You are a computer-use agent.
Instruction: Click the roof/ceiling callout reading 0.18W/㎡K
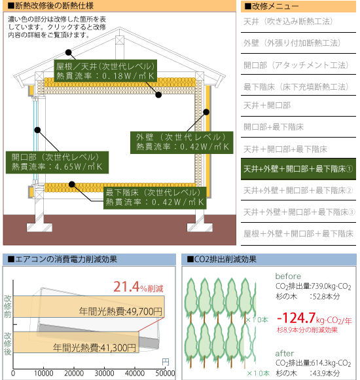point(105,71)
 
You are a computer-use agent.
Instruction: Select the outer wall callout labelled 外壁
point(181,143)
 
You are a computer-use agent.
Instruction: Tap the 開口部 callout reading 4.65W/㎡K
point(57,162)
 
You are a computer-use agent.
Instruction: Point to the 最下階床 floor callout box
point(155,198)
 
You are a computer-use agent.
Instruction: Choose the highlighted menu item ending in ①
point(298,169)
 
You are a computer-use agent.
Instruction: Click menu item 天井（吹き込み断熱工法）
point(288,22)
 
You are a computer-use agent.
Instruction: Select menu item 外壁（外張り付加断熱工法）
point(292,43)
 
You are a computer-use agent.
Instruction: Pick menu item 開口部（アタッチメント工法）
point(296,65)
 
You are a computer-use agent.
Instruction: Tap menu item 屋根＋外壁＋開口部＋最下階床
point(298,234)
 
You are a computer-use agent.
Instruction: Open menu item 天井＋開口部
point(267,105)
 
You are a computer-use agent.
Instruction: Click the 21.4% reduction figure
point(138,287)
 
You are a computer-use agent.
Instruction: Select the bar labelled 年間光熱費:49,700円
point(89,307)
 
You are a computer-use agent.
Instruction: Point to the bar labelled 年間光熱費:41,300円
point(76,342)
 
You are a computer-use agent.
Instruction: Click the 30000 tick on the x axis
point(104,373)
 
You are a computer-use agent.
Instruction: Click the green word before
point(288,276)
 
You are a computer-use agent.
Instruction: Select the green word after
point(285,353)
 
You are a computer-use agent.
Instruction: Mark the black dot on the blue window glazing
point(37,130)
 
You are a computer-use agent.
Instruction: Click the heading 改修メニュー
point(272,7)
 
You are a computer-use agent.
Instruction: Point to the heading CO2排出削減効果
point(222,259)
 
